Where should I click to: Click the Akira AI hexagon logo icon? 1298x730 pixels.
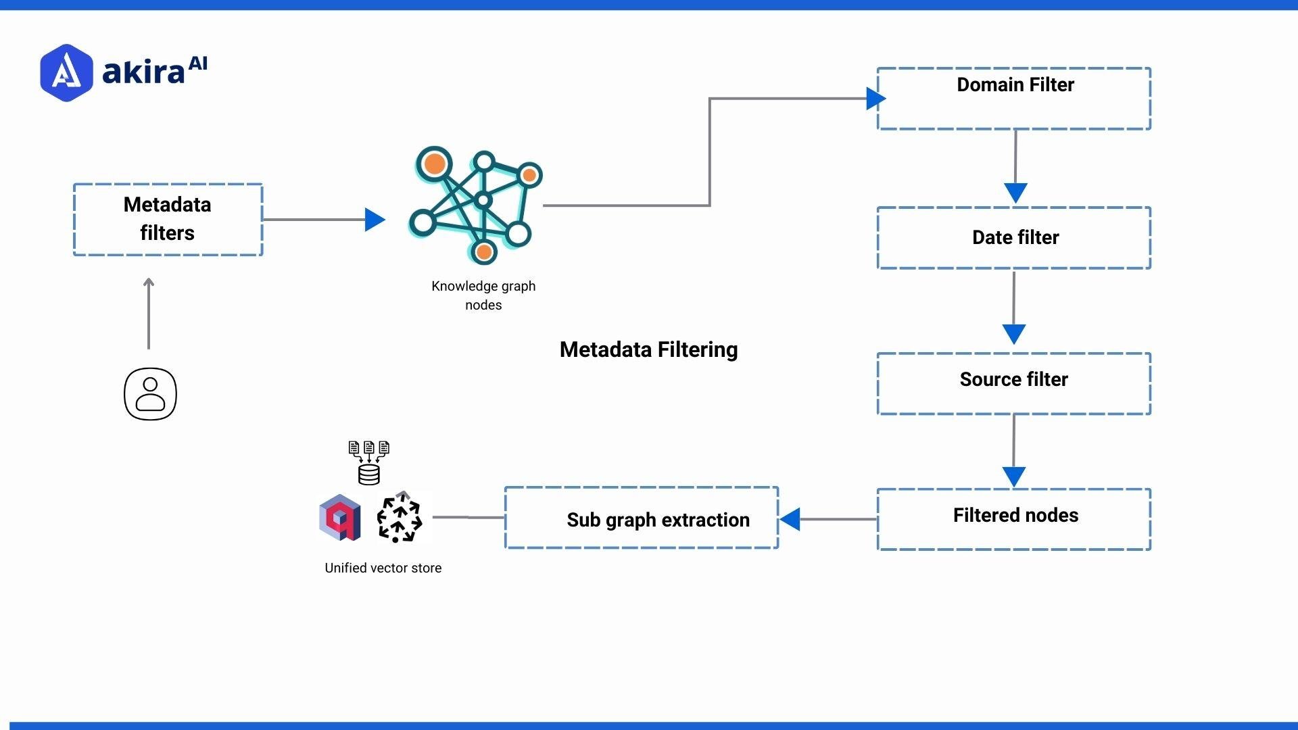pyautogui.click(x=66, y=73)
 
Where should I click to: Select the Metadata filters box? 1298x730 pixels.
pyautogui.click(x=168, y=219)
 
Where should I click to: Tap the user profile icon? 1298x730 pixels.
pyautogui.click(x=150, y=394)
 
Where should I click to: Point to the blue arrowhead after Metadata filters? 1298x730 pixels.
pyautogui.click(x=375, y=220)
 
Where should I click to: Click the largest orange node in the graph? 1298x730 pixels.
pyautogui.click(x=435, y=164)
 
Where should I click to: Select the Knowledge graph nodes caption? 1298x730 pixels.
pyautogui.click(x=483, y=295)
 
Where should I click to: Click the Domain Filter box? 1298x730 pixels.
pyautogui.click(x=1014, y=99)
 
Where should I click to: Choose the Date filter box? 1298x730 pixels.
pyautogui.click(x=1014, y=238)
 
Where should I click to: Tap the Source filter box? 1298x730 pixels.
pyautogui.click(x=1014, y=383)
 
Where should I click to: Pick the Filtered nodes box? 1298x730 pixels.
pyautogui.click(x=1014, y=519)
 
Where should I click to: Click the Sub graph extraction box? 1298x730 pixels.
pyautogui.click(x=642, y=518)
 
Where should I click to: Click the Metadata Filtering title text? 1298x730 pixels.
pyautogui.click(x=648, y=349)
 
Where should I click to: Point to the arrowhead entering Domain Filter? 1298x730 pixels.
pyautogui.click(x=875, y=99)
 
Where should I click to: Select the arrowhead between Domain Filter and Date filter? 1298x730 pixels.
pyautogui.click(x=1015, y=193)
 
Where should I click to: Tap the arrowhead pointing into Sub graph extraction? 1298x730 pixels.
pyautogui.click(x=790, y=519)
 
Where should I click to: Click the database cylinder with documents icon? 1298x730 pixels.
pyautogui.click(x=369, y=463)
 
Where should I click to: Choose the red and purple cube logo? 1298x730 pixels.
pyautogui.click(x=340, y=518)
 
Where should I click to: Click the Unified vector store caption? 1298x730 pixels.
pyautogui.click(x=383, y=568)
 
